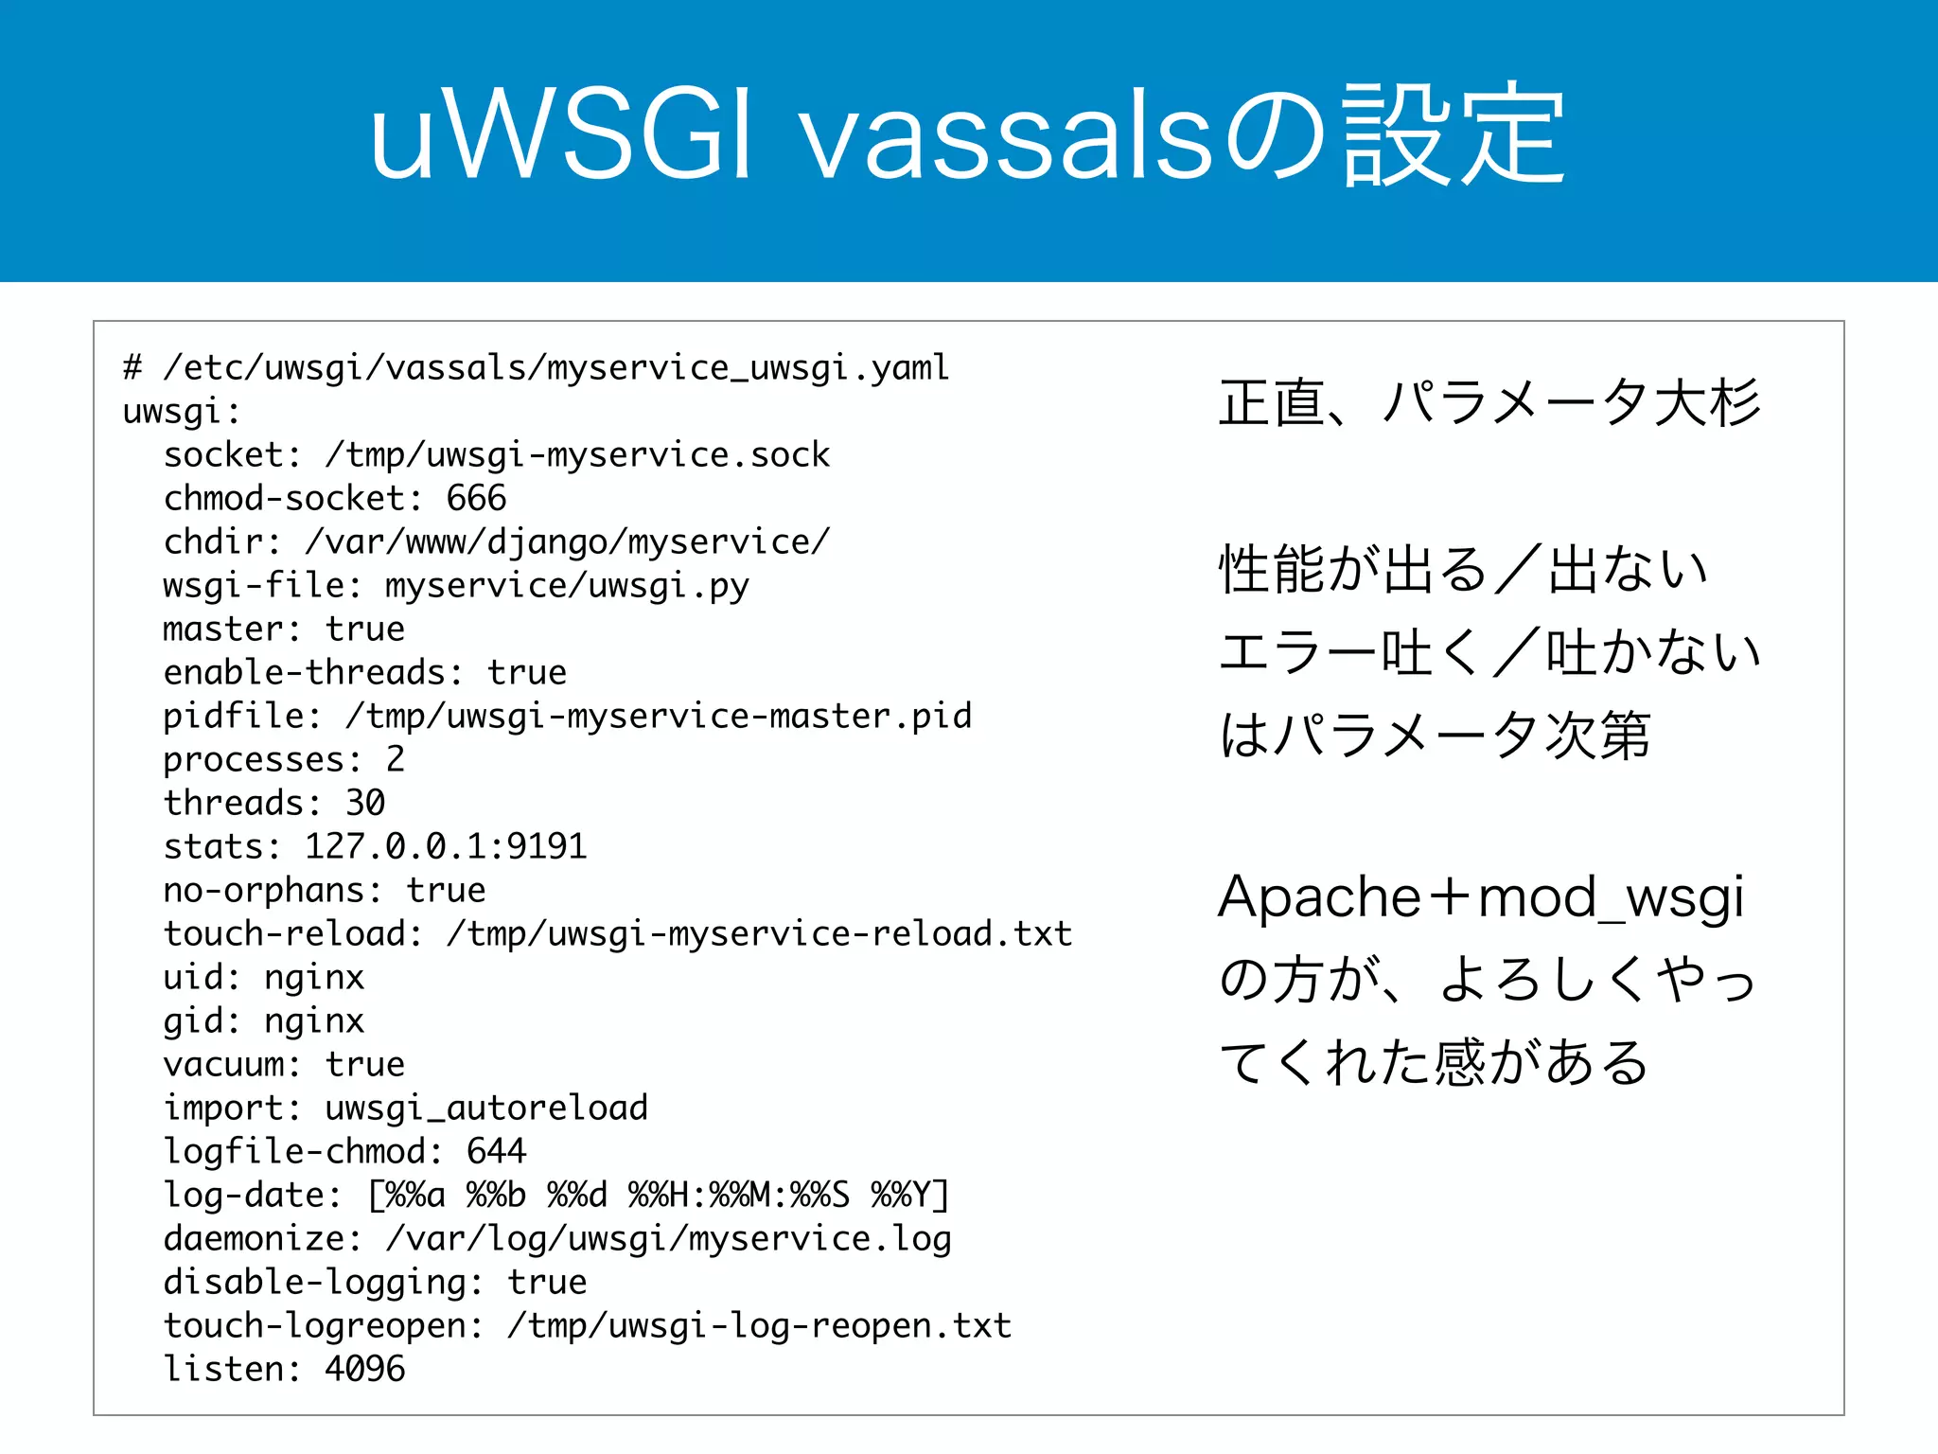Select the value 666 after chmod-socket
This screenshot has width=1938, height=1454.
click(476, 498)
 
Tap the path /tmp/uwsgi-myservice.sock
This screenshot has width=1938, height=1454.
click(577, 455)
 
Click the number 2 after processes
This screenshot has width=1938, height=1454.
click(396, 759)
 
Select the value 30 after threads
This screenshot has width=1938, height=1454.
click(365, 803)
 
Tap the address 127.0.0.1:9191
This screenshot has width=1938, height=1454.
click(446, 846)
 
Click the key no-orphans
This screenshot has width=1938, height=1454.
click(265, 890)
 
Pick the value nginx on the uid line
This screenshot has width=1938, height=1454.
click(314, 977)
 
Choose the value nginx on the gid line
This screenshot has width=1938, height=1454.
click(314, 1020)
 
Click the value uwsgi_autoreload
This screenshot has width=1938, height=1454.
click(486, 1108)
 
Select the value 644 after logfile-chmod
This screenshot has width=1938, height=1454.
click(496, 1151)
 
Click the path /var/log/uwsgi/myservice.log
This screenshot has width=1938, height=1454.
click(668, 1238)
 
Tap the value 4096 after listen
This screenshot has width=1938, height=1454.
click(365, 1369)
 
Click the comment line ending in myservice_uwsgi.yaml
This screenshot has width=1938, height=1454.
click(536, 367)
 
